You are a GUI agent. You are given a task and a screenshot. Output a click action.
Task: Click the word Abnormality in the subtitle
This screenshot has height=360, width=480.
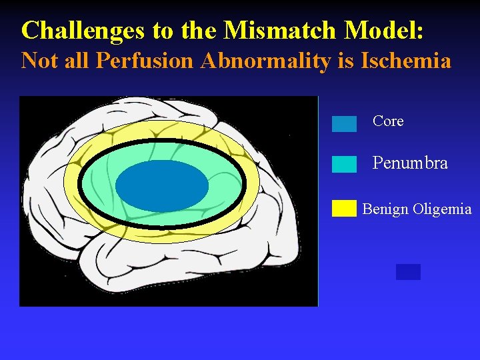(250, 61)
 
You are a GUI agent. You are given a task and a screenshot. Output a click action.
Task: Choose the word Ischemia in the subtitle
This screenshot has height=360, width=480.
(406, 61)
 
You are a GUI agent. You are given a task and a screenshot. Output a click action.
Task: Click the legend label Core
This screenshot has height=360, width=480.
(388, 121)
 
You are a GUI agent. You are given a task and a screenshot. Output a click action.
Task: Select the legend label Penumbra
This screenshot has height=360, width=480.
(410, 163)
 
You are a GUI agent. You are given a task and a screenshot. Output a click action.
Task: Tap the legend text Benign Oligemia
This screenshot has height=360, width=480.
(417, 209)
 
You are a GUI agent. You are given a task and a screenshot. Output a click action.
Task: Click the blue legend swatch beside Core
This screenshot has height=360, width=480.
(344, 124)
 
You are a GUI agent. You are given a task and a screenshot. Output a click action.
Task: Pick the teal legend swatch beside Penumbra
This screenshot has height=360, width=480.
(344, 165)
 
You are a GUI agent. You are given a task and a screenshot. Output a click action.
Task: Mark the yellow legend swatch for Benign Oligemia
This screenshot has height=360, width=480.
(344, 209)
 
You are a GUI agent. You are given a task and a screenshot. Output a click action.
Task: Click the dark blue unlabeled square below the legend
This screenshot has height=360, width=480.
(408, 271)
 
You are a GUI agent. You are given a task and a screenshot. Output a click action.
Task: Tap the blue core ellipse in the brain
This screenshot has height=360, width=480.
(162, 186)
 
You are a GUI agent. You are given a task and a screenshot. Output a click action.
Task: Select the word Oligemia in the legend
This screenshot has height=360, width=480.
(441, 209)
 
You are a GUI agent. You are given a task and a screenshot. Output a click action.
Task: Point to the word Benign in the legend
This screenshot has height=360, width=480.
(385, 209)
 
